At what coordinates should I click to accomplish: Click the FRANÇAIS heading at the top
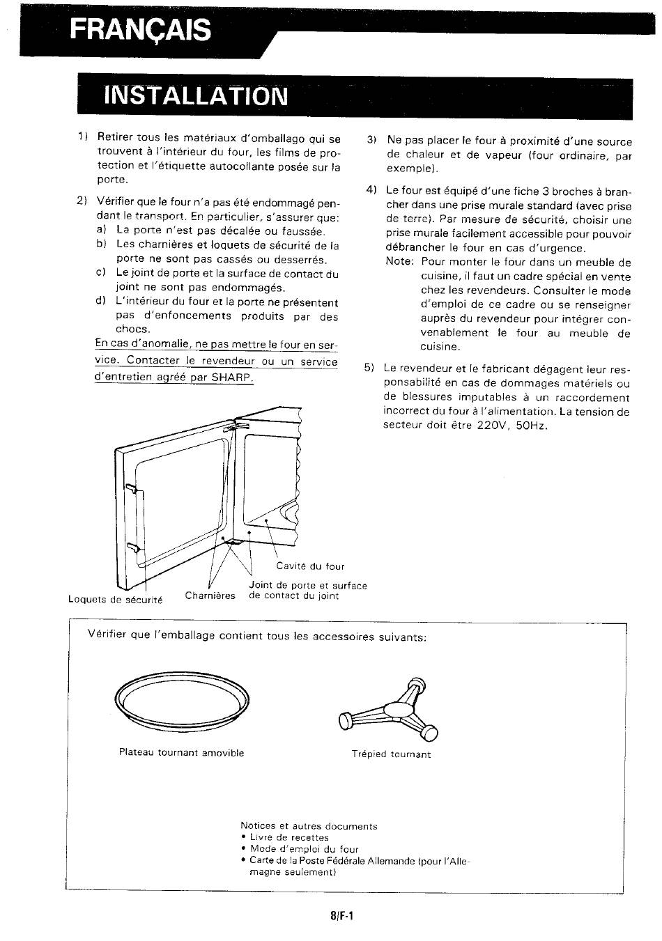pyautogui.click(x=140, y=30)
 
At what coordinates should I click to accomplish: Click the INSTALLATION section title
pyautogui.click(x=196, y=96)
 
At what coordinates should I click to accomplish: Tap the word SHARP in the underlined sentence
pyautogui.click(x=231, y=377)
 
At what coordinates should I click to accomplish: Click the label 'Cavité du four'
pyautogui.click(x=310, y=566)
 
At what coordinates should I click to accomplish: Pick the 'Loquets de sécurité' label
pyautogui.click(x=115, y=600)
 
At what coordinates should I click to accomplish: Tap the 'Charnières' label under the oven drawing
pyautogui.click(x=210, y=596)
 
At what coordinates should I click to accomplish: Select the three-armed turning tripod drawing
pyautogui.click(x=389, y=709)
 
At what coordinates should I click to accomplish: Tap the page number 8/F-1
pyautogui.click(x=341, y=915)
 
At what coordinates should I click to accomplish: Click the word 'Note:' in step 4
pyautogui.click(x=400, y=261)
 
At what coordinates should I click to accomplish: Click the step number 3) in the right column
pyautogui.click(x=371, y=140)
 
